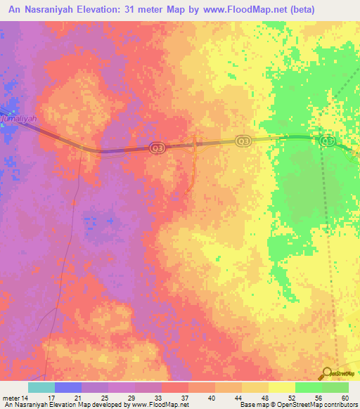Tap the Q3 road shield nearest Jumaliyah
[x=156, y=148]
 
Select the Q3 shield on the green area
[x=327, y=141]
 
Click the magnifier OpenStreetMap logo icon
[x=327, y=374]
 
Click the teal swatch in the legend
[x=41, y=387]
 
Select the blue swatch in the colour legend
[x=67, y=387]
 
